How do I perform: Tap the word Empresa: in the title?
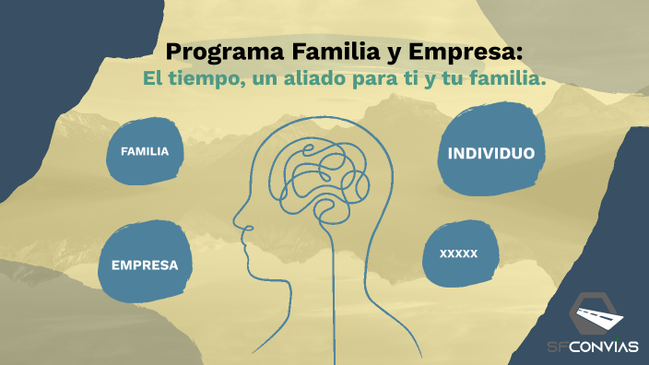pyautogui.click(x=471, y=51)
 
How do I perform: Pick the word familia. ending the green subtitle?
pyautogui.click(x=507, y=80)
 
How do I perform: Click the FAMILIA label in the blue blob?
pyautogui.click(x=145, y=151)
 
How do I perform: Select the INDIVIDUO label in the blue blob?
pyautogui.click(x=490, y=153)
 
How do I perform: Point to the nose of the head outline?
pyautogui.click(x=238, y=222)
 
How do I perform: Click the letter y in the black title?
pyautogui.click(x=391, y=53)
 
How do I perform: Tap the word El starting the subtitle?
pyautogui.click(x=154, y=80)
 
